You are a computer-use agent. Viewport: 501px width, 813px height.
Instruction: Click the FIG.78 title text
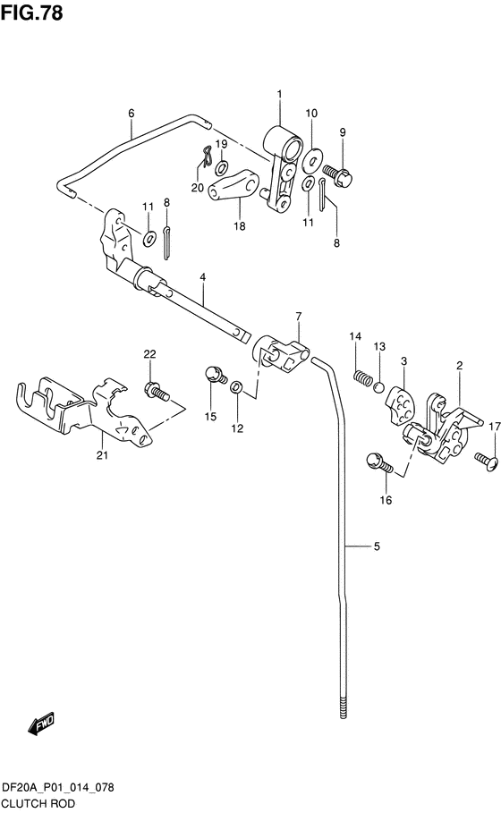pyautogui.click(x=31, y=12)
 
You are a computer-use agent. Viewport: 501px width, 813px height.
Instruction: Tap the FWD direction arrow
pyautogui.click(x=41, y=724)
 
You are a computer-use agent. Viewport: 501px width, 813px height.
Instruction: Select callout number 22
pyautogui.click(x=149, y=354)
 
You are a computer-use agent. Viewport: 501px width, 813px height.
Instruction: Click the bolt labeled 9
pyautogui.click(x=337, y=174)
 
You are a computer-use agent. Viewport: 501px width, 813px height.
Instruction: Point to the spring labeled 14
pyautogui.click(x=362, y=377)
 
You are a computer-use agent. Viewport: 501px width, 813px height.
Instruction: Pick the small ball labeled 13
pyautogui.click(x=379, y=386)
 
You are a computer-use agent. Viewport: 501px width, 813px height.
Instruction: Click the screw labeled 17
pyautogui.click(x=486, y=461)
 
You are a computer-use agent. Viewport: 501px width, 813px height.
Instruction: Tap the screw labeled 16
pyautogui.click(x=380, y=463)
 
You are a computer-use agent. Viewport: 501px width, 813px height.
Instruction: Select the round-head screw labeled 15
pyautogui.click(x=216, y=374)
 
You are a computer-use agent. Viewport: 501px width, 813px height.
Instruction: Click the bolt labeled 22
pyautogui.click(x=157, y=391)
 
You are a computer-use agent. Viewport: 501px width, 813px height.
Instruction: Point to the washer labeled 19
pyautogui.click(x=223, y=167)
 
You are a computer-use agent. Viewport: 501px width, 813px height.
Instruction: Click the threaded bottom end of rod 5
pyautogui.click(x=344, y=707)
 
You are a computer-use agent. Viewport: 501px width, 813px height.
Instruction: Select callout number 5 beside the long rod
pyautogui.click(x=377, y=546)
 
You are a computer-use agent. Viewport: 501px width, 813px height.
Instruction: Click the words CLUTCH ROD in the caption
pyautogui.click(x=38, y=804)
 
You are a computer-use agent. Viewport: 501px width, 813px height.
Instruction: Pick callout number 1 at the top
pyautogui.click(x=279, y=94)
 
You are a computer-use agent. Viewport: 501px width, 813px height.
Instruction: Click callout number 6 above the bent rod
pyautogui.click(x=132, y=113)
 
